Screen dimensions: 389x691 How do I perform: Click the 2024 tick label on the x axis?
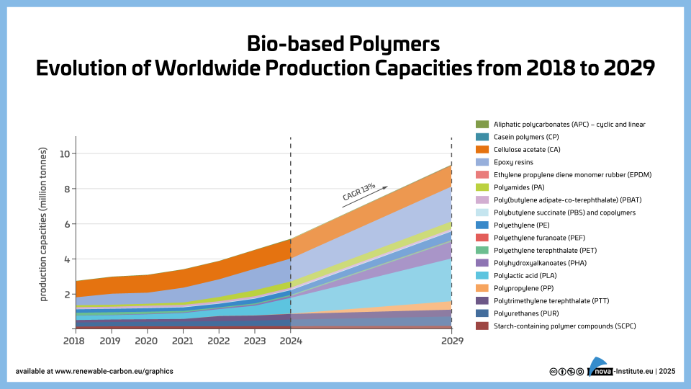click(x=290, y=340)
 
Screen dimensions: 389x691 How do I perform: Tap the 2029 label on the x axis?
click(x=451, y=340)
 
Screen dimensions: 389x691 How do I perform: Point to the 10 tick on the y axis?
click(x=64, y=153)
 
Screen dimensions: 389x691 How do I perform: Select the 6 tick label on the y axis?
click(x=66, y=224)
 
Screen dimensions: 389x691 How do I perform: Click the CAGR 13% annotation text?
click(x=358, y=191)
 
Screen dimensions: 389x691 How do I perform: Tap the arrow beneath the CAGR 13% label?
click(x=365, y=198)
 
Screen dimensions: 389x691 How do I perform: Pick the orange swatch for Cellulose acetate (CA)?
click(x=482, y=149)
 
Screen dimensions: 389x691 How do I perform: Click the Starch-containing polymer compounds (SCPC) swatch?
click(x=482, y=326)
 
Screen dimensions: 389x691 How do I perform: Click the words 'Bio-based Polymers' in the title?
click(x=343, y=44)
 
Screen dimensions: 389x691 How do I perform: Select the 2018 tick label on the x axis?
click(x=74, y=340)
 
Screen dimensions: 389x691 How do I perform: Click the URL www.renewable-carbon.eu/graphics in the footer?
click(x=114, y=372)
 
